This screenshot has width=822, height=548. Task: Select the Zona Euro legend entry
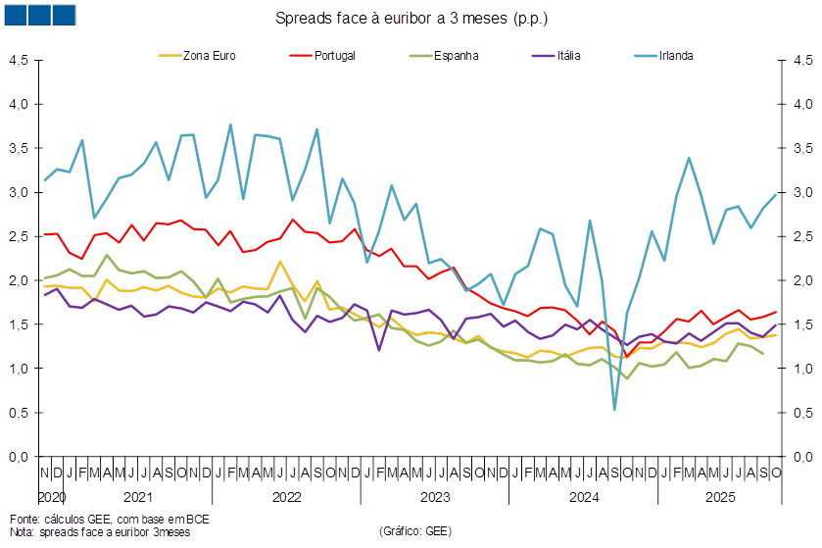[210, 55]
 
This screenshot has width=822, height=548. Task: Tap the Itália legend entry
[568, 55]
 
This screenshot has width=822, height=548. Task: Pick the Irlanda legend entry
[677, 55]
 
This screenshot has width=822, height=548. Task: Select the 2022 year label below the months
[286, 497]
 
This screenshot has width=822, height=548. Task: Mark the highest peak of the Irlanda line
[230, 125]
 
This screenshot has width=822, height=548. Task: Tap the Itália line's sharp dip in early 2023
[379, 348]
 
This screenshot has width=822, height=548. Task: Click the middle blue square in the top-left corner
[40, 15]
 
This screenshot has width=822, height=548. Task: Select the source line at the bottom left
[108, 518]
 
